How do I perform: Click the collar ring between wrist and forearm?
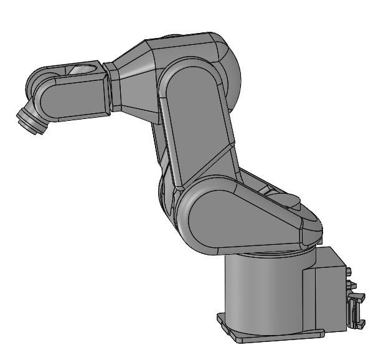coord(108,87)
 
